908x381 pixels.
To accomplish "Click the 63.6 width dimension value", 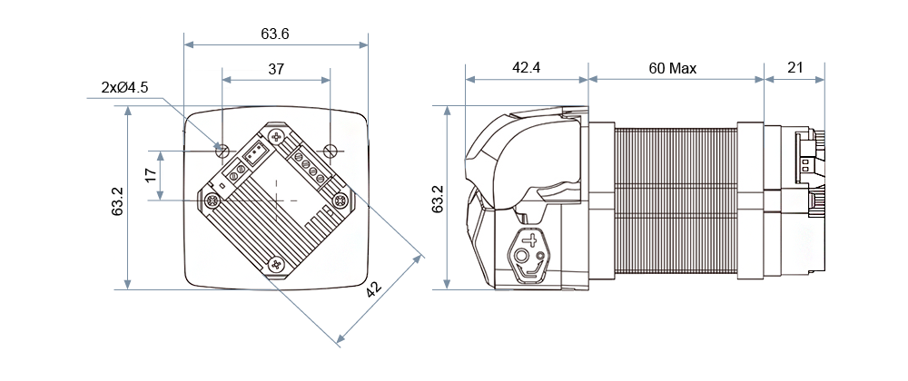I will (x=275, y=34).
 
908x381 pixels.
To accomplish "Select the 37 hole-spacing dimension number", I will (x=275, y=69).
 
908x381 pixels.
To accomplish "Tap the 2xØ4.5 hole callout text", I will (x=124, y=88).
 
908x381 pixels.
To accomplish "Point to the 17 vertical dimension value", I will (x=152, y=174).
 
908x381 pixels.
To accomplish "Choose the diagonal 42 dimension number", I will (x=373, y=289).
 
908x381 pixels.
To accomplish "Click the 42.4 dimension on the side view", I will (x=526, y=68).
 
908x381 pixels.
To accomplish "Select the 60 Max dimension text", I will (x=673, y=68).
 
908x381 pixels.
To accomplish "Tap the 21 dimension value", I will (x=794, y=68).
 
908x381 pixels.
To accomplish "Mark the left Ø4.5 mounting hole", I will (x=221, y=148).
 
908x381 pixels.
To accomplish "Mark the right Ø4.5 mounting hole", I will (x=331, y=148).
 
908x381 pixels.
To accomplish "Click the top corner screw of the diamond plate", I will (x=276, y=135).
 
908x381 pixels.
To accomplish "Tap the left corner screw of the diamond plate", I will (x=212, y=200).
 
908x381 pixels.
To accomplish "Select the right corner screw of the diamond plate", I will (x=340, y=200).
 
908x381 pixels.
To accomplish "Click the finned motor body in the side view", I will (x=676, y=200).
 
